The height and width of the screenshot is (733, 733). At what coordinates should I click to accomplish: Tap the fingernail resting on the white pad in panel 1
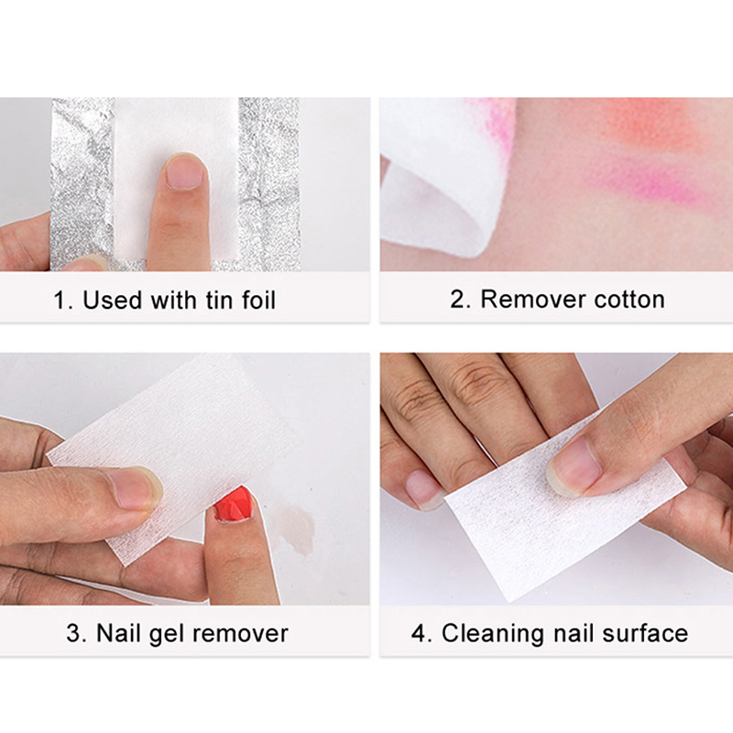(186, 172)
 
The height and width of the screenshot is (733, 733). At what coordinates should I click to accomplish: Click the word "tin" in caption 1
(220, 300)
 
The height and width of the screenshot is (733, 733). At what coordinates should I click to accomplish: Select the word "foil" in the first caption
(258, 300)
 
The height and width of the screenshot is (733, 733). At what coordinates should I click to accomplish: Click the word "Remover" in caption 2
(533, 300)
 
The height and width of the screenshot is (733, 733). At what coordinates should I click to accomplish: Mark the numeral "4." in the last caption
(421, 634)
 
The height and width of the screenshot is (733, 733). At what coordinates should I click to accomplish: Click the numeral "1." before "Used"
(63, 301)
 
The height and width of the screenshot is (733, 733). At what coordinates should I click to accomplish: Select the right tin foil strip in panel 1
(268, 184)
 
